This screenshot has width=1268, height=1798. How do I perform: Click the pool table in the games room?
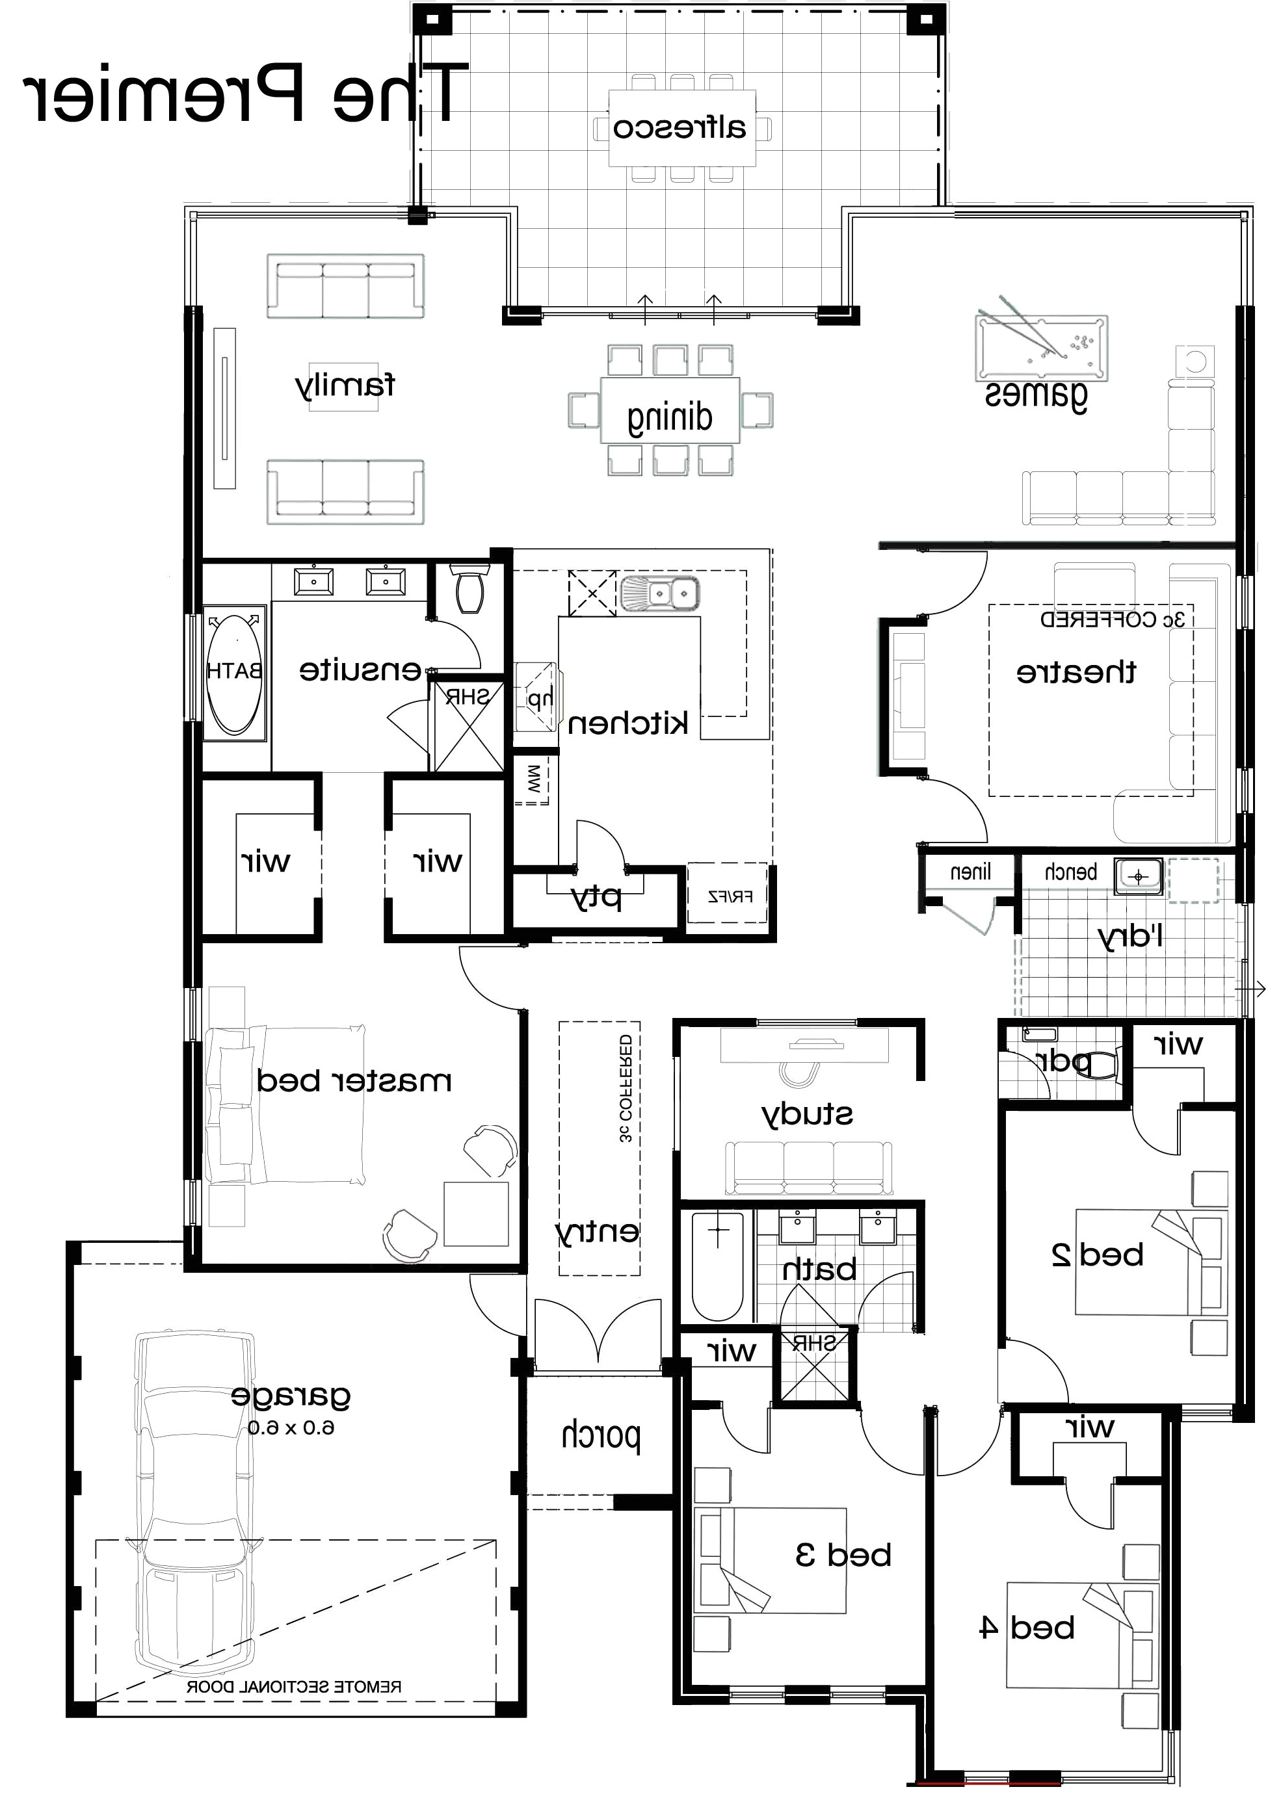click(1041, 348)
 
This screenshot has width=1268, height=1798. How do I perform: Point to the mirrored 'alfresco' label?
click(679, 127)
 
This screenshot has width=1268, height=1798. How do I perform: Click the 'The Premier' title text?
click(243, 94)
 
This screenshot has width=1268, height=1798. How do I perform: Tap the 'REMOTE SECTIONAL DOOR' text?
click(294, 1687)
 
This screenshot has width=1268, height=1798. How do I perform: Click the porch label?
click(601, 1435)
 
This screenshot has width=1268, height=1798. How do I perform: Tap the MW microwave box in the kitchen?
click(533, 780)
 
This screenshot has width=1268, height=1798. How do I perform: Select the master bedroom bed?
click(286, 1104)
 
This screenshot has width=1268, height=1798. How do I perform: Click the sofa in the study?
click(808, 1166)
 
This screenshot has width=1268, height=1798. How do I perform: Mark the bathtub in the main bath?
click(717, 1266)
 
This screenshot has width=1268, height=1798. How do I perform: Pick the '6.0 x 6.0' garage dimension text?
click(291, 1427)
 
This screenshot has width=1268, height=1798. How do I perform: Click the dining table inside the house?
click(670, 410)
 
